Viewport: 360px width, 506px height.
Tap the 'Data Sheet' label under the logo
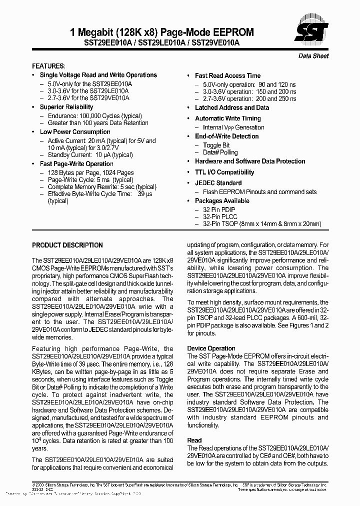click(x=313, y=56)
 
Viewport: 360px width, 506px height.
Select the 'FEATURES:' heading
click(x=48, y=66)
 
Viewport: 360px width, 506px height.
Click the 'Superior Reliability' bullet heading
click(x=66, y=107)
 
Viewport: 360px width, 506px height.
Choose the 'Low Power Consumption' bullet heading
click(x=75, y=132)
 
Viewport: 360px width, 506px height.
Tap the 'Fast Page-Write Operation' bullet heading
click(x=76, y=164)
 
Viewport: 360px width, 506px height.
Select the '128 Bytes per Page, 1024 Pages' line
click(x=90, y=172)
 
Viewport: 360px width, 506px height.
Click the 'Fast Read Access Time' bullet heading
click(x=227, y=75)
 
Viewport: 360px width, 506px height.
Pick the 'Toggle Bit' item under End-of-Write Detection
click(x=216, y=145)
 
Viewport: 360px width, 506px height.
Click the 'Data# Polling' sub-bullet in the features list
click(x=220, y=152)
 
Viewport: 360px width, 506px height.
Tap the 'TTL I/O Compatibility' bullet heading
click(x=224, y=172)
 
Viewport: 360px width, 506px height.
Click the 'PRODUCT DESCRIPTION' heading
click(x=67, y=245)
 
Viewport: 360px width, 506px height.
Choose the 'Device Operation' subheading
click(x=211, y=348)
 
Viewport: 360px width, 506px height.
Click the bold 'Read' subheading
click(x=194, y=440)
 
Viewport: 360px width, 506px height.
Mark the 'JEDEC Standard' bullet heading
click(x=218, y=183)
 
